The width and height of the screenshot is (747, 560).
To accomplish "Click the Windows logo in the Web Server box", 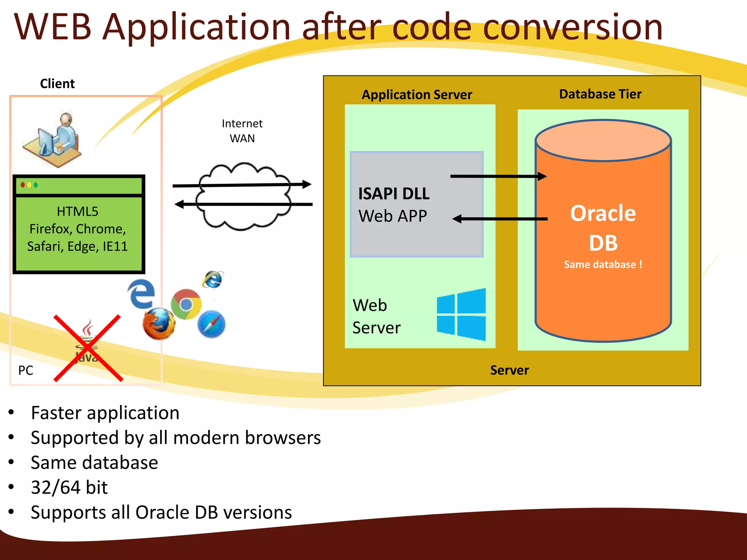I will [461, 314].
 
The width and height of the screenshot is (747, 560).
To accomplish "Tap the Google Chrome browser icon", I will [186, 304].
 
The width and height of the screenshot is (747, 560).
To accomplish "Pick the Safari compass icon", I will [212, 324].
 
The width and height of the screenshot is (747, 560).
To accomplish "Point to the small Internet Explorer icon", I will [213, 280].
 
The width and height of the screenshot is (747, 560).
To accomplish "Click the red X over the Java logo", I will [88, 348].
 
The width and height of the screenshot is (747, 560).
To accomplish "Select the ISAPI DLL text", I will [394, 194].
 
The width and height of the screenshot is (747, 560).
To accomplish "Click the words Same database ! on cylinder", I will [603, 264].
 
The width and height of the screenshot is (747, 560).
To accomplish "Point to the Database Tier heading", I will [600, 94].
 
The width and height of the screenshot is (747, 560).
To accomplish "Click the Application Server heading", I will [417, 95].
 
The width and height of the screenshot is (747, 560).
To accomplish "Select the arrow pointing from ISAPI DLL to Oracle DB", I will [498, 176].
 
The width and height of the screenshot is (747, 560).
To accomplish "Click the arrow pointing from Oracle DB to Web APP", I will [500, 219].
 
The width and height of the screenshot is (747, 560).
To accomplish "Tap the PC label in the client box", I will [26, 370].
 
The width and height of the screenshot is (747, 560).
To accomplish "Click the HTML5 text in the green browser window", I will [77, 211].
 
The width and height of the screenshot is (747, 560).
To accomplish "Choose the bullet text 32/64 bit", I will [69, 487].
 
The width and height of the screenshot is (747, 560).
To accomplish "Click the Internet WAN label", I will [242, 131].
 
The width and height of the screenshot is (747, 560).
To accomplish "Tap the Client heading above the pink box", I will [57, 84].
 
